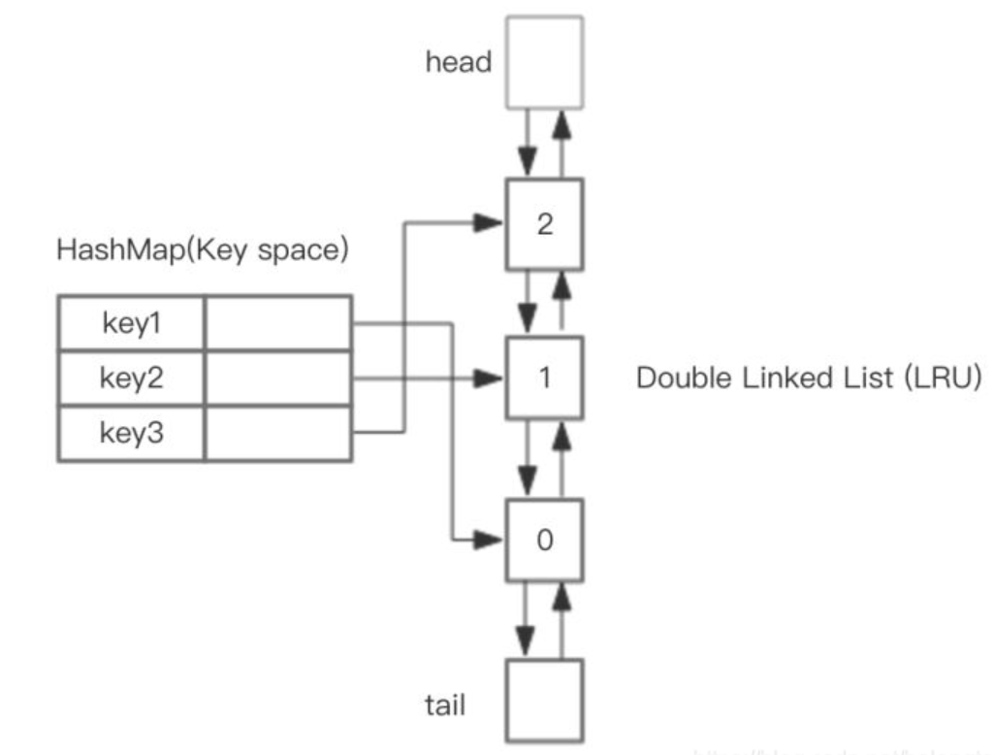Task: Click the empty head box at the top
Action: pyautogui.click(x=544, y=62)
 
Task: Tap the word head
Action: pyautogui.click(x=459, y=62)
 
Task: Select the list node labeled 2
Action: pyautogui.click(x=544, y=224)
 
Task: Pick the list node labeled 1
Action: pyautogui.click(x=544, y=377)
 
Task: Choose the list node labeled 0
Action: pyautogui.click(x=544, y=540)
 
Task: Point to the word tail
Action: pyautogui.click(x=445, y=703)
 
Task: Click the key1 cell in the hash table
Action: pyautogui.click(x=132, y=324)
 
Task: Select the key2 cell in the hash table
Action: pyautogui.click(x=132, y=378)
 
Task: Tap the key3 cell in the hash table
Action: pyautogui.click(x=132, y=433)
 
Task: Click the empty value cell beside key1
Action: pyautogui.click(x=277, y=324)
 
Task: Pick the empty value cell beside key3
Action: pyautogui.click(x=277, y=433)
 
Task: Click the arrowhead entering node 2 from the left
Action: pyautogui.click(x=491, y=224)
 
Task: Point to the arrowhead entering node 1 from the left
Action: pyautogui.click(x=491, y=377)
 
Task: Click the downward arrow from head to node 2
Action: pyautogui.click(x=527, y=141)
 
